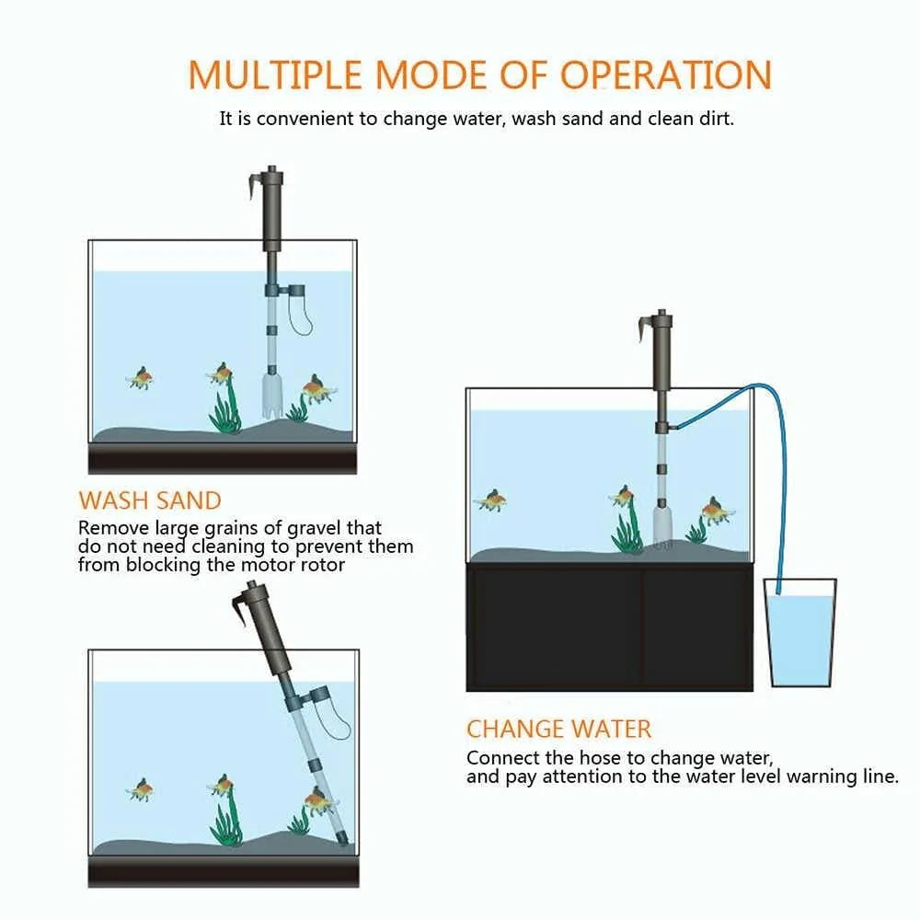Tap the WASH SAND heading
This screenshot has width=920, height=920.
tap(150, 500)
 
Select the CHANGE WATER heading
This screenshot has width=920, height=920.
tap(558, 729)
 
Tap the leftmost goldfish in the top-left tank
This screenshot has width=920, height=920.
tap(140, 377)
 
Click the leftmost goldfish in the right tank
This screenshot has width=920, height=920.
tap(491, 500)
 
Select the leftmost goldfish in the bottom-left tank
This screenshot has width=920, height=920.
tap(140, 788)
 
